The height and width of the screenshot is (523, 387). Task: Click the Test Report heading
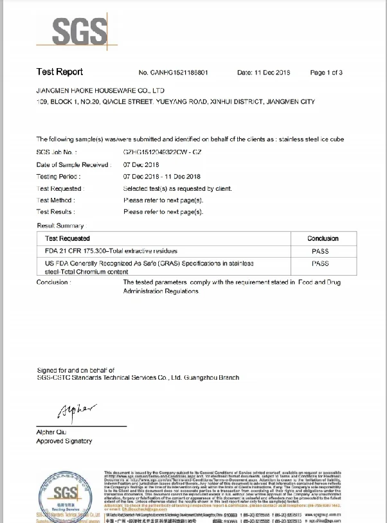(x=60, y=72)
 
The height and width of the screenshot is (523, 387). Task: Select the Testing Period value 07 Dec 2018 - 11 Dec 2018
(x=161, y=176)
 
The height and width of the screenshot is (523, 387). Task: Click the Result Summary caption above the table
(x=60, y=226)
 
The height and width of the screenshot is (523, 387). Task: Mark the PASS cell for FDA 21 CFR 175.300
(x=319, y=251)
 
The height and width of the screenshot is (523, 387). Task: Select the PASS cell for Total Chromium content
(x=319, y=263)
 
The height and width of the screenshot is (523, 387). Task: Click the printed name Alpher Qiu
(x=52, y=432)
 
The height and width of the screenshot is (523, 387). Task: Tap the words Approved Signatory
(x=64, y=441)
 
